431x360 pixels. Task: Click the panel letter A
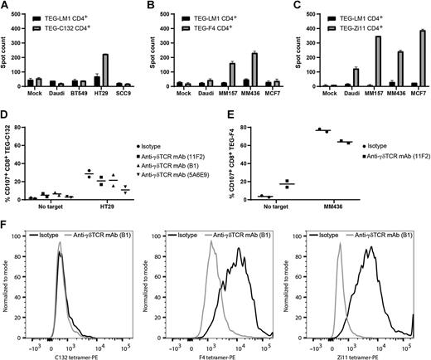tap(5, 6)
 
